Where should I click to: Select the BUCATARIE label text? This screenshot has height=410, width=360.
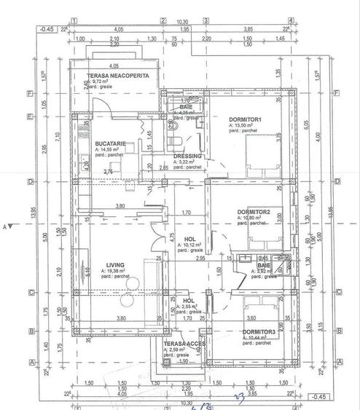coord(110,144)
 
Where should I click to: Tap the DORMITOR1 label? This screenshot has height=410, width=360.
coord(245,119)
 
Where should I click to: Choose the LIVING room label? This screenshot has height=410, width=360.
coord(96,264)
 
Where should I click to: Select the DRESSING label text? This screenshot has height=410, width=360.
coord(187,155)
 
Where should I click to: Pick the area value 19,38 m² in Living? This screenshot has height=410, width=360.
coord(98,271)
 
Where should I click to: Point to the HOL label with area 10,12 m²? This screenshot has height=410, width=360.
coord(189,239)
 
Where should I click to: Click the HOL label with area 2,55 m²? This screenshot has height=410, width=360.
coord(189,301)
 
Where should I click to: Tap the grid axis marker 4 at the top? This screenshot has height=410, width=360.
coord(291,20)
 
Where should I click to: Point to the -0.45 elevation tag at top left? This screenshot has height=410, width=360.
coord(47,29)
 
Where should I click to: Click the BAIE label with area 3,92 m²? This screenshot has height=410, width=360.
coord(263,266)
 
